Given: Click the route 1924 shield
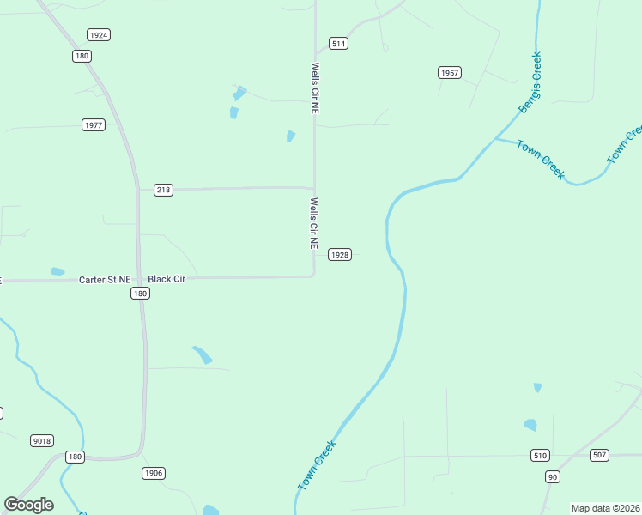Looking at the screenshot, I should (99, 35).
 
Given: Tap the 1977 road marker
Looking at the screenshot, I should (94, 125).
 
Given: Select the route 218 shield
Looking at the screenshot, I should (163, 190).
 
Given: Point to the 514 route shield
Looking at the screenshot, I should (338, 44).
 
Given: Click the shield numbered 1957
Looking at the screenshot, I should (450, 73).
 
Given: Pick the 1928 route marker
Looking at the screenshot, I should (340, 255).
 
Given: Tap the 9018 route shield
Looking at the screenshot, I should (41, 441).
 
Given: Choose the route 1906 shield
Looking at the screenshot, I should (154, 473).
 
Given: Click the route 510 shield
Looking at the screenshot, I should (540, 455).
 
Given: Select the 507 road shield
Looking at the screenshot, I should (600, 455).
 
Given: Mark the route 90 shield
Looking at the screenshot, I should (552, 476).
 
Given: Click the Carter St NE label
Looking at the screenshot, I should (105, 280).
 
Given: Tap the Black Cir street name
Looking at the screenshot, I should (167, 279).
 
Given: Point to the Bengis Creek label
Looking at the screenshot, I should (530, 83).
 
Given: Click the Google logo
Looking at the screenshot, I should (29, 505).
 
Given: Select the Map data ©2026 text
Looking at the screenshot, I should (605, 508).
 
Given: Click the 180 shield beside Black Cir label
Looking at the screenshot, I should (141, 294).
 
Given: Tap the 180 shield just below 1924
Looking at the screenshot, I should (82, 56).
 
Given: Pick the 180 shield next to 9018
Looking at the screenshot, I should (76, 457).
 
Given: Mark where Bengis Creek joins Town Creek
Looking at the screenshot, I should (495, 138).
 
